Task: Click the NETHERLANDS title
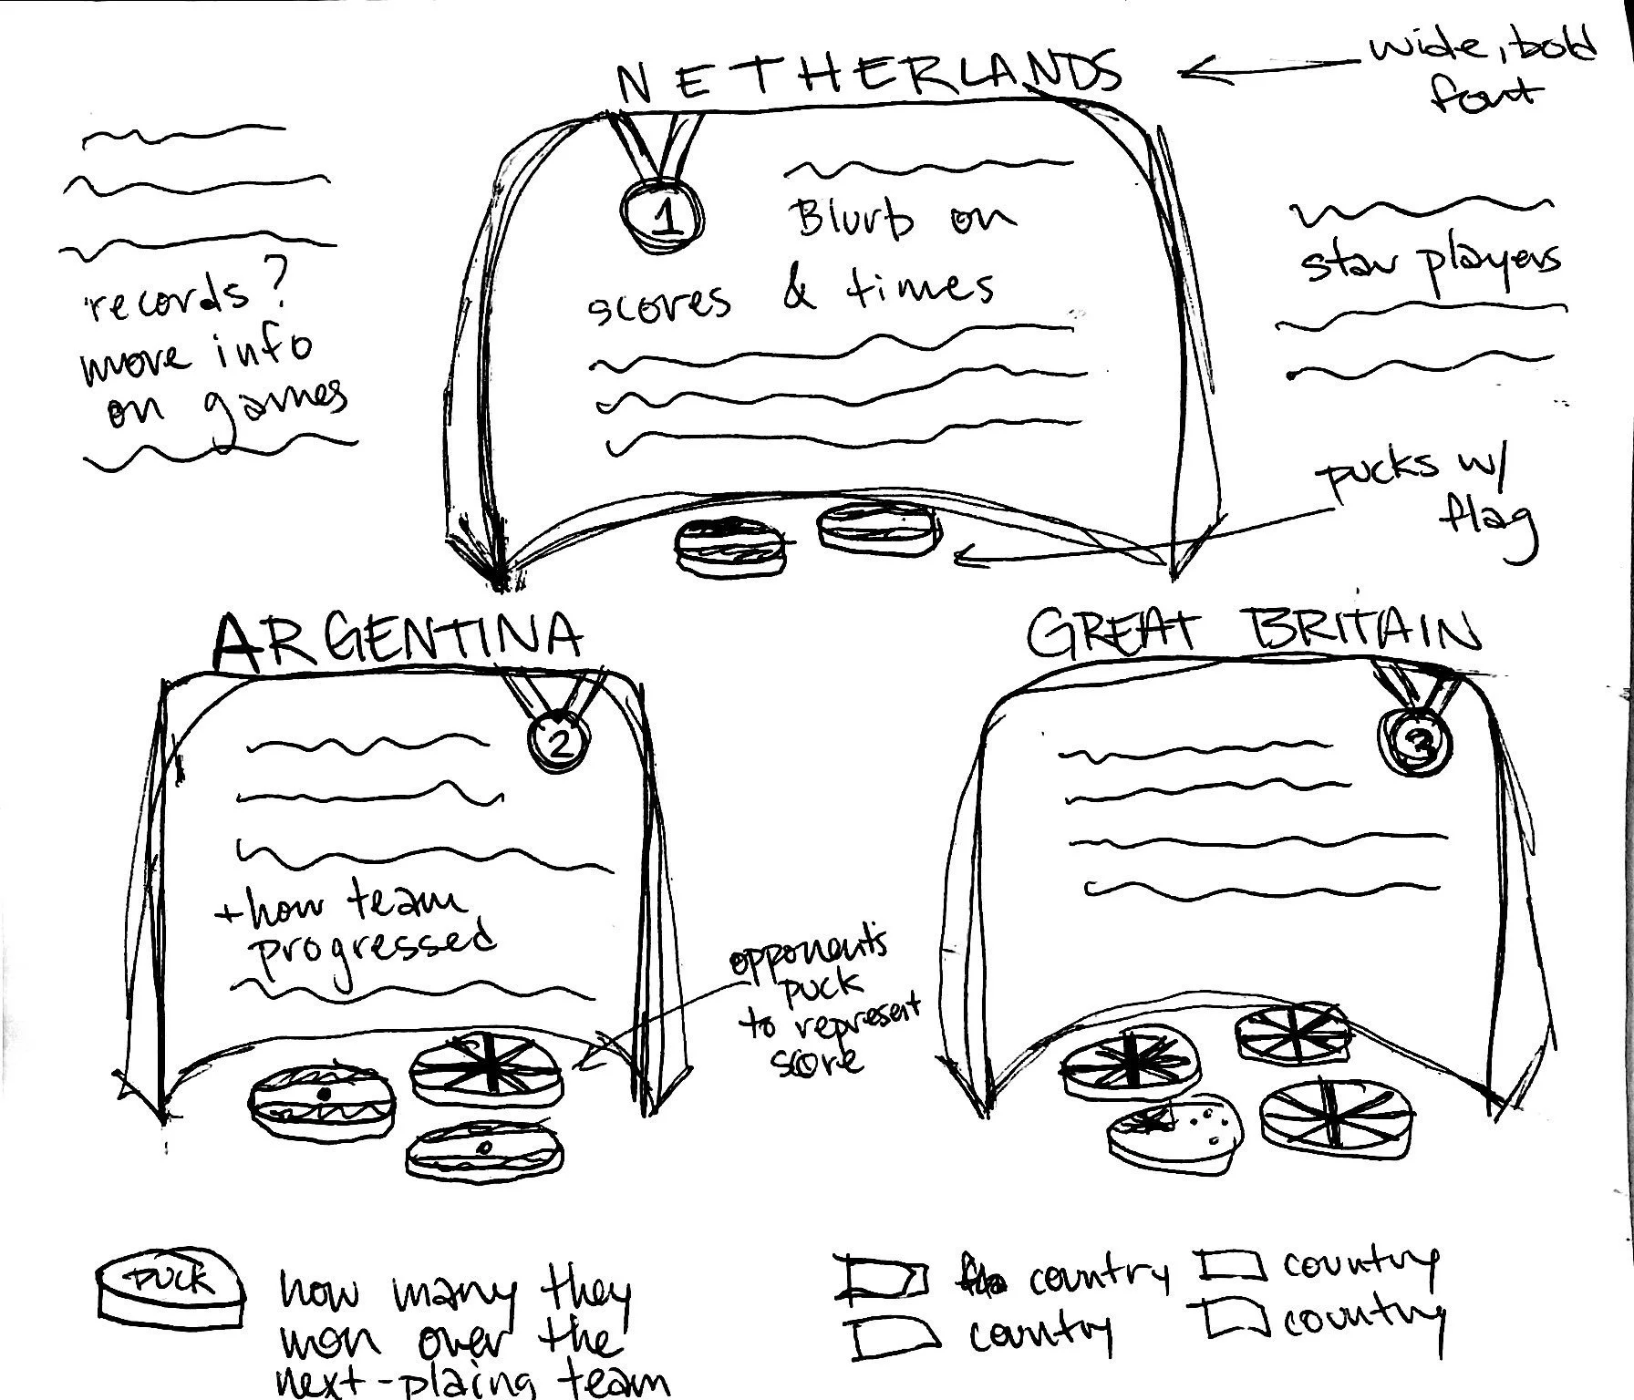pos(866,77)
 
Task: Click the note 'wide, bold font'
pos(1482,68)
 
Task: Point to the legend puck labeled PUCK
pos(171,1287)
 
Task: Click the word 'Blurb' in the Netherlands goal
pos(853,221)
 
